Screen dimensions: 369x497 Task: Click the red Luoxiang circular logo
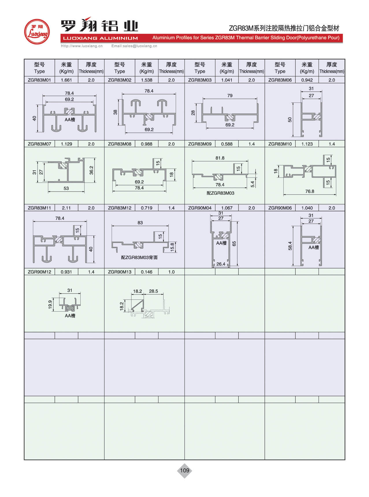[x=37, y=32]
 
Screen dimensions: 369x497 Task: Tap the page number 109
[x=184, y=470]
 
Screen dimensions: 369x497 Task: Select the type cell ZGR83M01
[x=39, y=80]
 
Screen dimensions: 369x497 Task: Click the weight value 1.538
[x=147, y=80]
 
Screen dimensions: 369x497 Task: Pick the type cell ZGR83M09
[x=200, y=144]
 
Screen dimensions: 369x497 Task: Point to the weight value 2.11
[x=66, y=208]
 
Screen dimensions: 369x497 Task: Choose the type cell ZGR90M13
[x=120, y=272]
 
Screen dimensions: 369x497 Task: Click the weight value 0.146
[x=147, y=272]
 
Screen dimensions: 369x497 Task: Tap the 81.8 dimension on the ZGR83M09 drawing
[x=220, y=158]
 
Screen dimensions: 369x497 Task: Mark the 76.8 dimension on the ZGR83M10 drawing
[x=309, y=191]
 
